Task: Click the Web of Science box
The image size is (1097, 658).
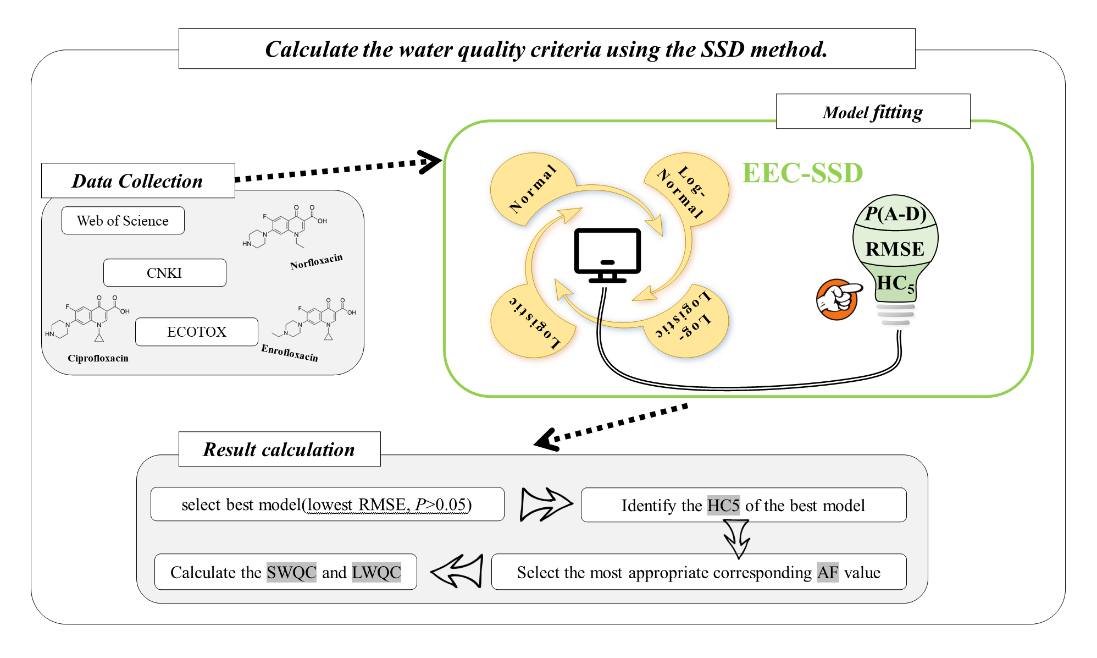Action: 123,221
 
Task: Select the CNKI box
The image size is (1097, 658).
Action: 165,273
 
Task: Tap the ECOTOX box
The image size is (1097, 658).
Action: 197,332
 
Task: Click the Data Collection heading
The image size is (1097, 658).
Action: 138,180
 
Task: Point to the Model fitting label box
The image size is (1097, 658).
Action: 873,112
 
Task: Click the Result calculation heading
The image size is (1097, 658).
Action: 279,449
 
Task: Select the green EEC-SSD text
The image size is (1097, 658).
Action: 802,173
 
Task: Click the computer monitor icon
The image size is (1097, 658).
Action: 607,255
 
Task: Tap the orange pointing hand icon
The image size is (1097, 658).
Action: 838,299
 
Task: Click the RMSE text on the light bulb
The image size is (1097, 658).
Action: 895,249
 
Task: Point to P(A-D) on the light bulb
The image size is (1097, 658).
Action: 896,213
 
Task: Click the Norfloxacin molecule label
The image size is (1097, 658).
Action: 316,261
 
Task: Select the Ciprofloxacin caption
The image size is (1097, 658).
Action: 98,358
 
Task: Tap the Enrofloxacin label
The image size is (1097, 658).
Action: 290,353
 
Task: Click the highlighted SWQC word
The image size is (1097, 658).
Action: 291,572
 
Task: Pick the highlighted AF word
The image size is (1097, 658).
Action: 828,572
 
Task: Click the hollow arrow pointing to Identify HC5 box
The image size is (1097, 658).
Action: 546,504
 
